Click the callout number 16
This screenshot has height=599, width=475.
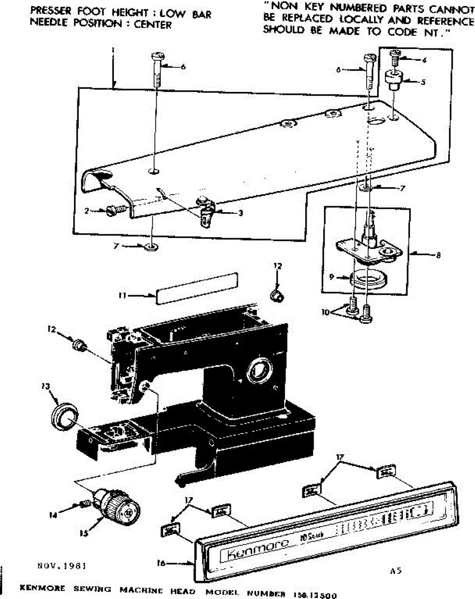pos(161,564)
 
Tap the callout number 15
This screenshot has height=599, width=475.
pos(84,533)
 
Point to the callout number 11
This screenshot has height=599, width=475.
pos(121,295)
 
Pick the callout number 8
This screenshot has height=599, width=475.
pos(438,255)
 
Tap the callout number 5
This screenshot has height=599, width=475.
pos(423,82)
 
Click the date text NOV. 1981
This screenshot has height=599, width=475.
pos(62,567)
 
